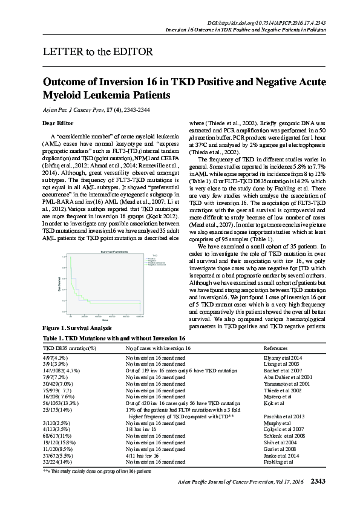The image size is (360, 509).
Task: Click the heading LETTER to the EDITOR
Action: (x=97, y=51)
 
